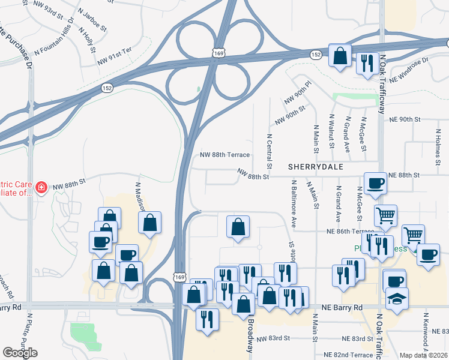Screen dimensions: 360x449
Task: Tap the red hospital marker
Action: click(x=41, y=188)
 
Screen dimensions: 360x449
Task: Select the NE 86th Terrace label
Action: click(x=350, y=232)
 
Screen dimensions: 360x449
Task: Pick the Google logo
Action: click(x=20, y=352)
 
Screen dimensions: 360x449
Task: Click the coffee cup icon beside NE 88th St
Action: click(x=376, y=183)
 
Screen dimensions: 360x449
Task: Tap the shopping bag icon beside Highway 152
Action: click(x=340, y=55)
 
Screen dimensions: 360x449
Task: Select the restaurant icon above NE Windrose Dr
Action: click(x=366, y=62)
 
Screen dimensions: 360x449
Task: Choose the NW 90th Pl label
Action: click(x=299, y=95)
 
